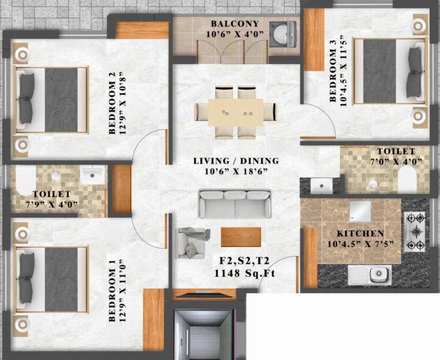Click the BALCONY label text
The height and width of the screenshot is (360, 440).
[234, 23]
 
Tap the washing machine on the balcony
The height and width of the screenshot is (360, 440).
[283, 34]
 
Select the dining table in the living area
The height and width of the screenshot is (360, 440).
[235, 112]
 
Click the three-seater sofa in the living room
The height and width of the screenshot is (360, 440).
[234, 204]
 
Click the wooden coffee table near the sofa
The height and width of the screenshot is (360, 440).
[241, 237]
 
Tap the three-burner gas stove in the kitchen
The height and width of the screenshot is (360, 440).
[415, 232]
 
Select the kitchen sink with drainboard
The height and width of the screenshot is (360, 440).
[370, 275]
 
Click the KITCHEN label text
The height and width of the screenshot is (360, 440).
[360, 233]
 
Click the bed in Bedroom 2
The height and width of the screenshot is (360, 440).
[52, 100]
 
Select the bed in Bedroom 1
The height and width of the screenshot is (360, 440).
[52, 279]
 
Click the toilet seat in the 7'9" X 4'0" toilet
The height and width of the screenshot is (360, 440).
[25, 180]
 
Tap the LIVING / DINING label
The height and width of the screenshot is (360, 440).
[236, 161]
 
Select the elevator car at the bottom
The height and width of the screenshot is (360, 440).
[203, 335]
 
